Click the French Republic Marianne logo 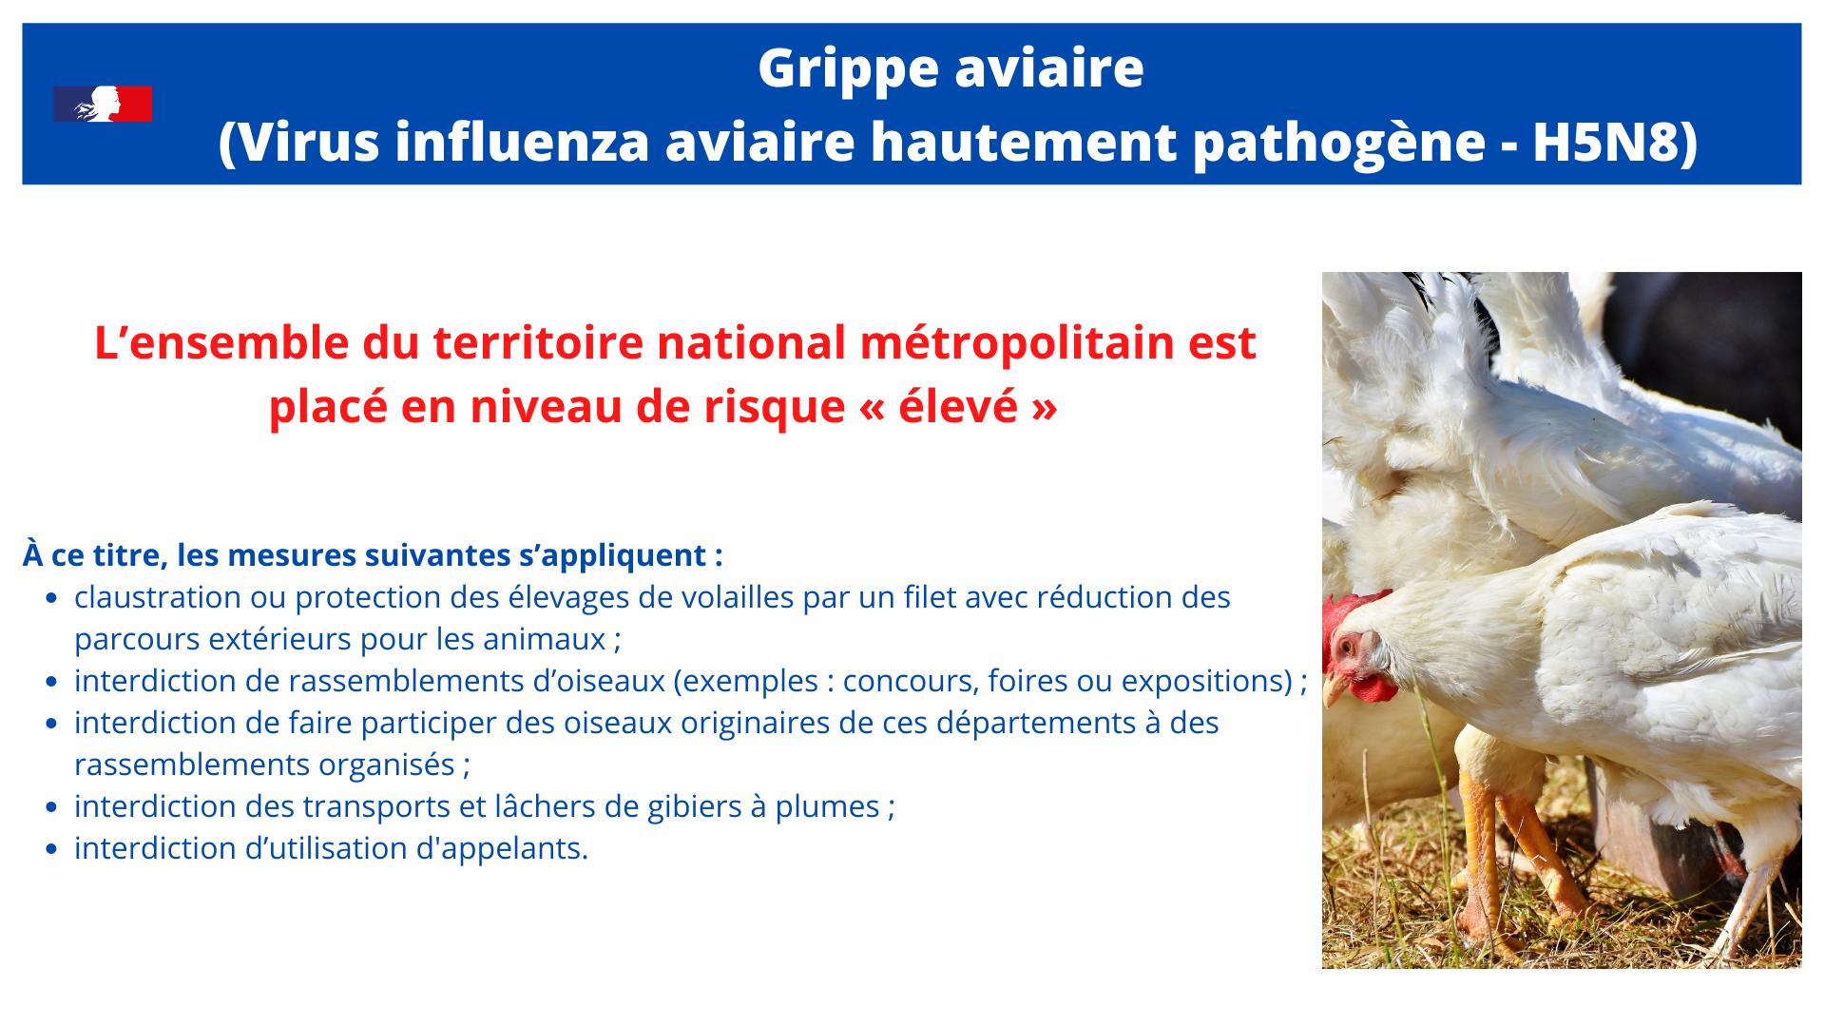point(103,104)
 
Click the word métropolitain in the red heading point(1017,342)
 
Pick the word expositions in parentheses point(1207,682)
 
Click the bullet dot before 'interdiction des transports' point(52,807)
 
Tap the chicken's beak point(1335,688)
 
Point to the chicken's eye point(1346,650)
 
